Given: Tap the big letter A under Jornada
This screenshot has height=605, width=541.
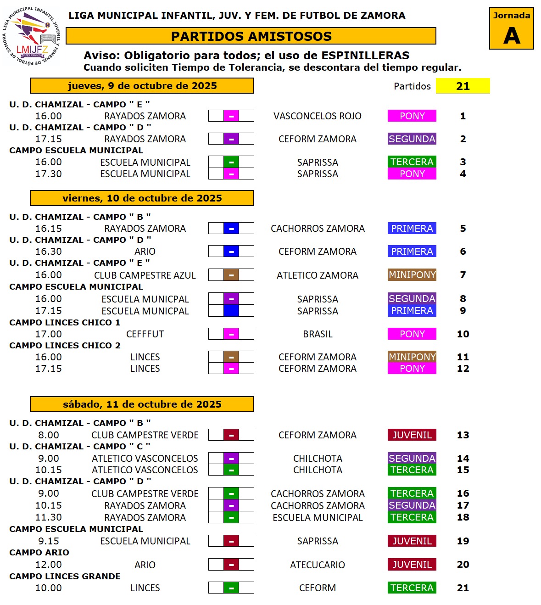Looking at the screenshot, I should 511,35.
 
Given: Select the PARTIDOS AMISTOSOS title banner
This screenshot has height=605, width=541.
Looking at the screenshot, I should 251,36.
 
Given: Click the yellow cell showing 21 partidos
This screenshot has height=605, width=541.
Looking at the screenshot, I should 463,86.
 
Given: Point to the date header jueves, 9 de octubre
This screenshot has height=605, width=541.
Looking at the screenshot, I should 142,86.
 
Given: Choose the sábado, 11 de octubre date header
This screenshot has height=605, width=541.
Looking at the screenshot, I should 142,404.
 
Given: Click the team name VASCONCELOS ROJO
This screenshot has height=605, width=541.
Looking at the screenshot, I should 317,116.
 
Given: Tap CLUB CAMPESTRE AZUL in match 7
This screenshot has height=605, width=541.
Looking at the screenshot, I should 145,275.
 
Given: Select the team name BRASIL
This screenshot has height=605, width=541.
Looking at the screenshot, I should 318,334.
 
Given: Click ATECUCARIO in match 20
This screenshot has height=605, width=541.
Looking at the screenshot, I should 317,565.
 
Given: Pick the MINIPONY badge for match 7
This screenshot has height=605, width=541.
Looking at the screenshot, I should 412,275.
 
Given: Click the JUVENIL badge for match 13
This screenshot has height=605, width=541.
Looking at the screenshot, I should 412,435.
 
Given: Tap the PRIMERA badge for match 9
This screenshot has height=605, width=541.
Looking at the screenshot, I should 412,311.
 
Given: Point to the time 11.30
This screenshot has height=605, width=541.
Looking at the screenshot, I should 49,517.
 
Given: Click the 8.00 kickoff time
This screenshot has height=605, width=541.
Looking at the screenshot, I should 49,435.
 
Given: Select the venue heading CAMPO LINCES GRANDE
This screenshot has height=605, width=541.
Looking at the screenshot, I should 65,577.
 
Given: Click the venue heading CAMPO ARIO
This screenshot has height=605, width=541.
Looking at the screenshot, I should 39,553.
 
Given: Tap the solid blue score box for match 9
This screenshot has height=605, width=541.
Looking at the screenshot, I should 231,311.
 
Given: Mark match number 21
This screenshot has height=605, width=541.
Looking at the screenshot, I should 463,588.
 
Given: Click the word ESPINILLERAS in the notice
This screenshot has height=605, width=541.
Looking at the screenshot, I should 365,56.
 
